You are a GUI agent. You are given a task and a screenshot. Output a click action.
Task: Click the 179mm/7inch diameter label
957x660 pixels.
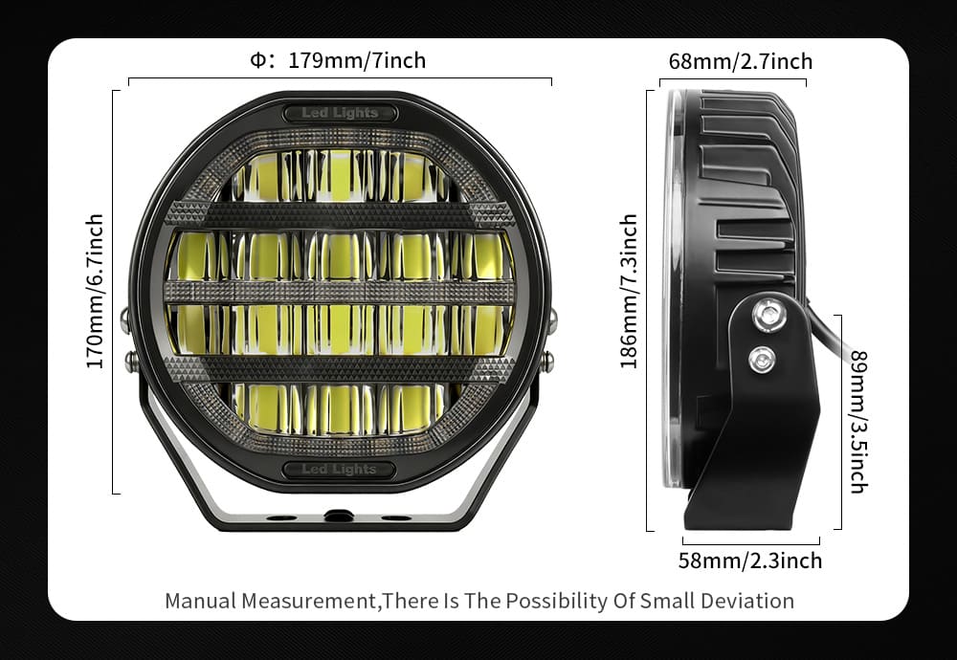coord(357,60)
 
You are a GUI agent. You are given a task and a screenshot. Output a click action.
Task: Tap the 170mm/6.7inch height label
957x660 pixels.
coord(95,291)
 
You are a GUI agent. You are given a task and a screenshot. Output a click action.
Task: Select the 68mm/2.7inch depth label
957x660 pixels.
coord(741,61)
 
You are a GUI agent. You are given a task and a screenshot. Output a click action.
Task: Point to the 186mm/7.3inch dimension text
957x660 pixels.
coord(629,291)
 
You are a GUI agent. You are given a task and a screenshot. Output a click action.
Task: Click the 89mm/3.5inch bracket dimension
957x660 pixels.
coord(858,422)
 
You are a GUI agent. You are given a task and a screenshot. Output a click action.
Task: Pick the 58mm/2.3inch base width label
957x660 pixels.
coord(750,561)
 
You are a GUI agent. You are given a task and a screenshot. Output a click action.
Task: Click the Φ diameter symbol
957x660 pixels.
coord(258,59)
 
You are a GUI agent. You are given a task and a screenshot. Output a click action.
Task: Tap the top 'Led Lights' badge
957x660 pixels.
coord(340,113)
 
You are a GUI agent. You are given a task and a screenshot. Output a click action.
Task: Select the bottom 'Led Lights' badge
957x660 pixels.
coord(340,469)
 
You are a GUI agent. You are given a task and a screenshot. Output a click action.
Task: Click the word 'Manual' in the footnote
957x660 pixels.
coord(200,601)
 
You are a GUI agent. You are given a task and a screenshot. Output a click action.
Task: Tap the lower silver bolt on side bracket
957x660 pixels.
coord(762,360)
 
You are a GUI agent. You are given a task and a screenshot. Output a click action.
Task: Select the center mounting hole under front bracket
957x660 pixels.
coord(339,517)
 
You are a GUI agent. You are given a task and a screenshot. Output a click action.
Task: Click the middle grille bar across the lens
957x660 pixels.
coord(340,292)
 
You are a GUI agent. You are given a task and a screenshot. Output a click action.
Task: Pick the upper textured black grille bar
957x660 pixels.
coord(340,214)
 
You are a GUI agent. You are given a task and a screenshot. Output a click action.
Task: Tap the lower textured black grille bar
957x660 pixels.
coord(340,369)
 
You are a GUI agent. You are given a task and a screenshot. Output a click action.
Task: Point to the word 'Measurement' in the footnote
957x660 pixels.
coord(308,601)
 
